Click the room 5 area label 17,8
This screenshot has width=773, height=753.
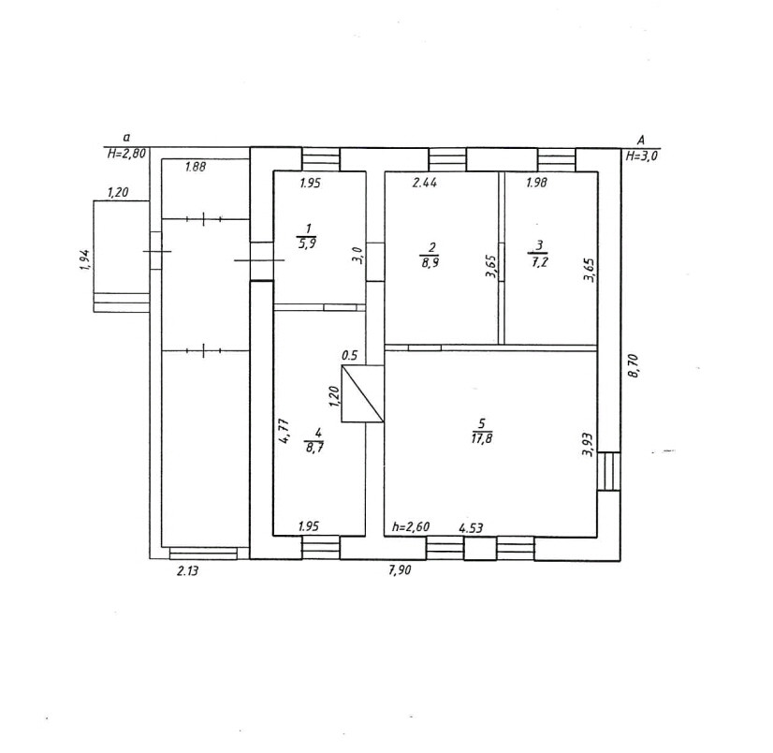pos(483,439)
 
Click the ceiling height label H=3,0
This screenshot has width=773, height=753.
pos(642,156)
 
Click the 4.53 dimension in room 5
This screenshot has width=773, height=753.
pos(471,527)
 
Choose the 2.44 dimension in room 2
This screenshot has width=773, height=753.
pos(426,183)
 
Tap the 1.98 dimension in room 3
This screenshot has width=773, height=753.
pos(535,183)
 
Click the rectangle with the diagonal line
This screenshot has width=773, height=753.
pos(363,393)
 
